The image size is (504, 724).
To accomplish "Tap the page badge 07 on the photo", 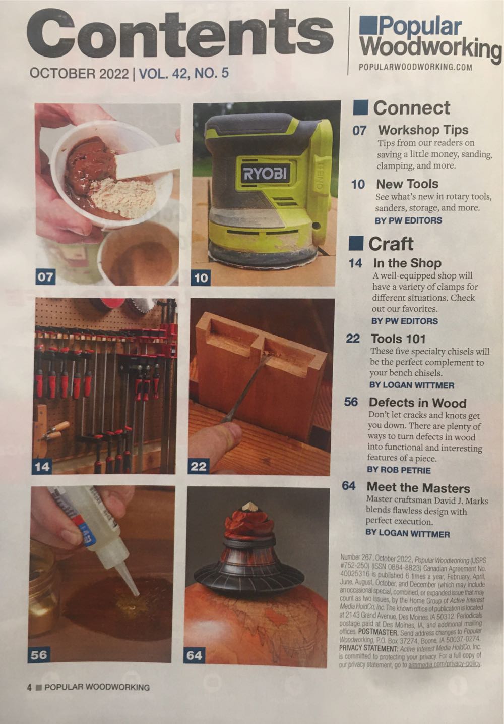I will pos(45,276).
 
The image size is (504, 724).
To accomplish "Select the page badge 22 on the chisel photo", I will pos(199,466).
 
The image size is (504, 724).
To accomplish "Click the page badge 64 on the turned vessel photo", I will pos(194,655).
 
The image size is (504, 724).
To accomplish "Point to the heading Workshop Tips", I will pos(423,130).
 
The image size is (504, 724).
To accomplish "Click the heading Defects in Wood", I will pos(417,403).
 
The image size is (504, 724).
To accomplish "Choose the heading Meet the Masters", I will pos(418,487).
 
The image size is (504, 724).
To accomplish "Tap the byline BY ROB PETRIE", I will pos(399,470).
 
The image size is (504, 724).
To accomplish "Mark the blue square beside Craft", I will pos(356,243).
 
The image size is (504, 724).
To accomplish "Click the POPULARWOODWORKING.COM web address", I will pos(415,67).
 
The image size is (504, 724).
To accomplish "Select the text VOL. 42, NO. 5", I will pos(183,73).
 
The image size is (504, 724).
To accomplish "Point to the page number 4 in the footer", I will pos(29,687).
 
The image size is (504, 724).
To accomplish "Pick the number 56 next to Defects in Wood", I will pos(351,402).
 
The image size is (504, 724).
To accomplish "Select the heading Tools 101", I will pos(398,339).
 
